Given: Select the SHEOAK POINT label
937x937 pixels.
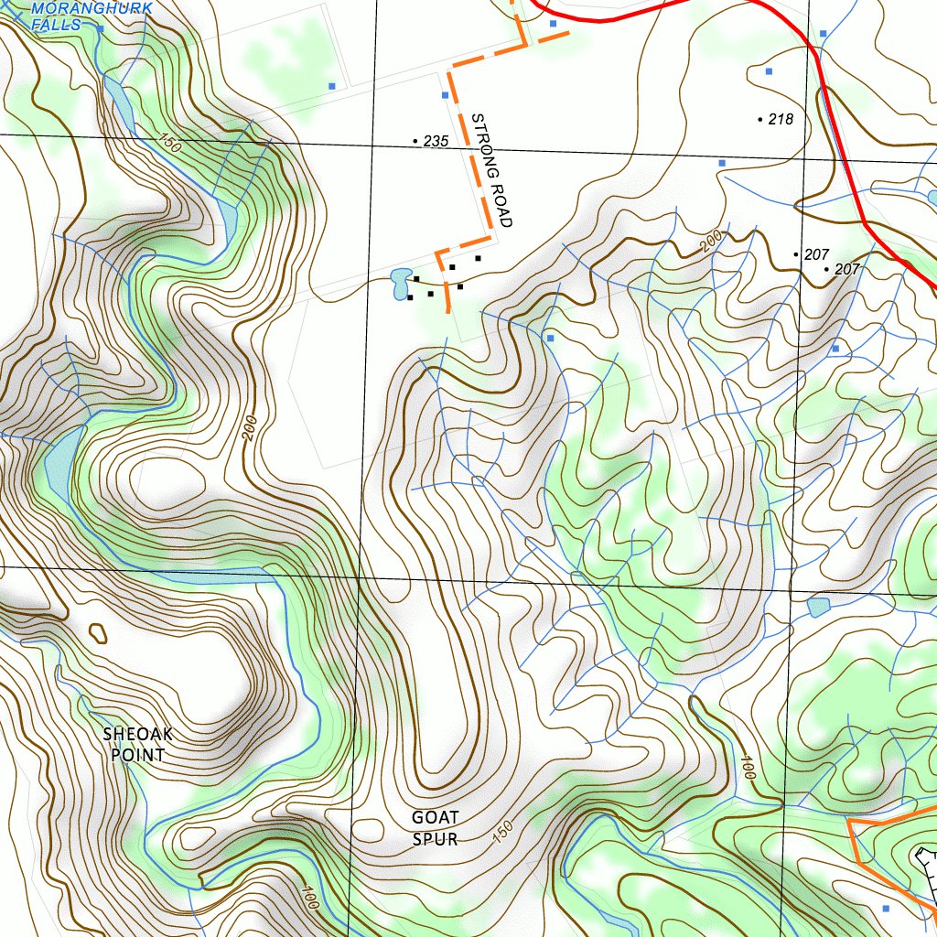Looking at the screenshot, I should [x=137, y=744].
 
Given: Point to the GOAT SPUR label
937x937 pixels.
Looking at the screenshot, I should [x=435, y=827].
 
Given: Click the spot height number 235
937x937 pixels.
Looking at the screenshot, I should [x=436, y=141].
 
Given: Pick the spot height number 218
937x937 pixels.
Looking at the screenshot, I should [x=781, y=119].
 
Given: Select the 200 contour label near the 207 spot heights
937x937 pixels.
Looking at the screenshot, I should [x=711, y=241].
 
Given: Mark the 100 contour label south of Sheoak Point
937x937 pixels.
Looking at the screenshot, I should [x=307, y=897].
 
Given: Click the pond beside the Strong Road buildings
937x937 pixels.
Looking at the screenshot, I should [x=400, y=282].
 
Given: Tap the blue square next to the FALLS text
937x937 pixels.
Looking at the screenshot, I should [x=100, y=29].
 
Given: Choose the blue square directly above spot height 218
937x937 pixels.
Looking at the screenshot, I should [x=769, y=70].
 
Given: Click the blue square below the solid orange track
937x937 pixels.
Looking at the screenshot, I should [x=885, y=908].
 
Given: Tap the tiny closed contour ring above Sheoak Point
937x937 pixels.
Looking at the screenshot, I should [x=97, y=632].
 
